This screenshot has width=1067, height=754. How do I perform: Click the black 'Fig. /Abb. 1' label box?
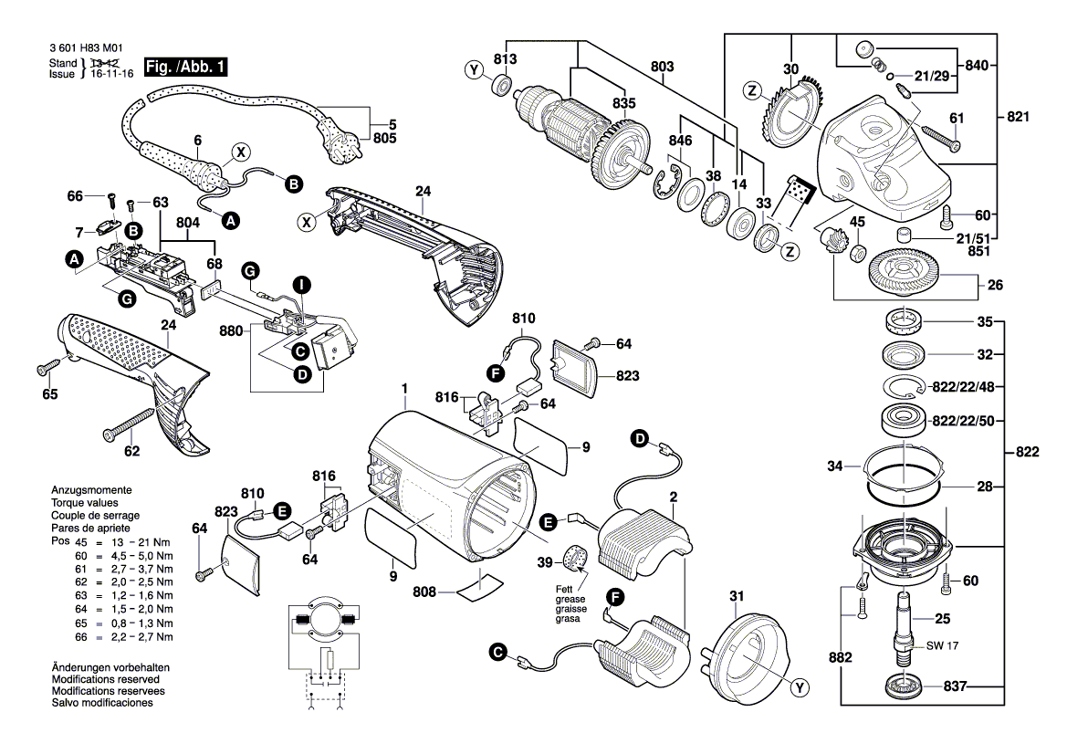pos(184,67)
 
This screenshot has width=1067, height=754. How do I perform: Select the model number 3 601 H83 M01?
pos(83,49)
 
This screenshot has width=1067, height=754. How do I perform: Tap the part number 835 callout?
pos(623,103)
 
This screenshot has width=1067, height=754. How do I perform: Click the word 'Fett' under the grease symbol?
pos(564,589)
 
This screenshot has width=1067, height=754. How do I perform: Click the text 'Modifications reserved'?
pos(106,680)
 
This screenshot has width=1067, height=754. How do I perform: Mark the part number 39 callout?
pos(544,560)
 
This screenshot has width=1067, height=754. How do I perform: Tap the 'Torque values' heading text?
pos(86,503)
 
